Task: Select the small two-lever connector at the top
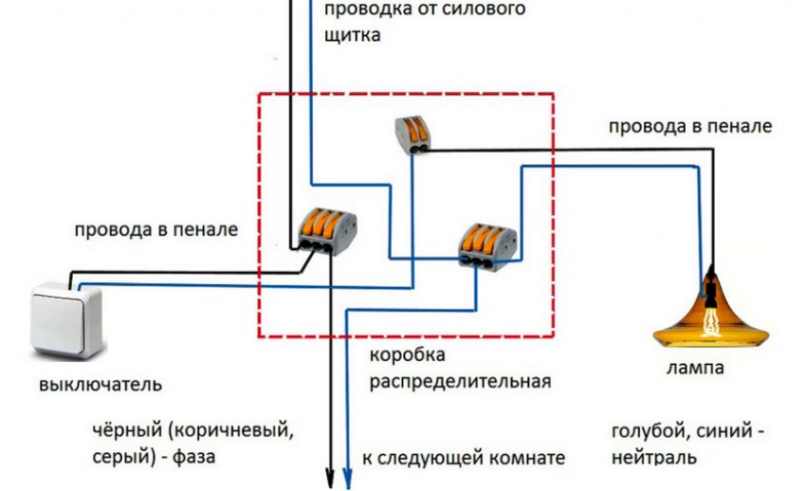coord(413,133)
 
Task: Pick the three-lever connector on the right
coord(485,244)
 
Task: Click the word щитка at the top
coord(353,36)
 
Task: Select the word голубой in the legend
coord(650,430)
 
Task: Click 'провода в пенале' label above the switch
coord(157,229)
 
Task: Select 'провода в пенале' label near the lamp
coord(690,125)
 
